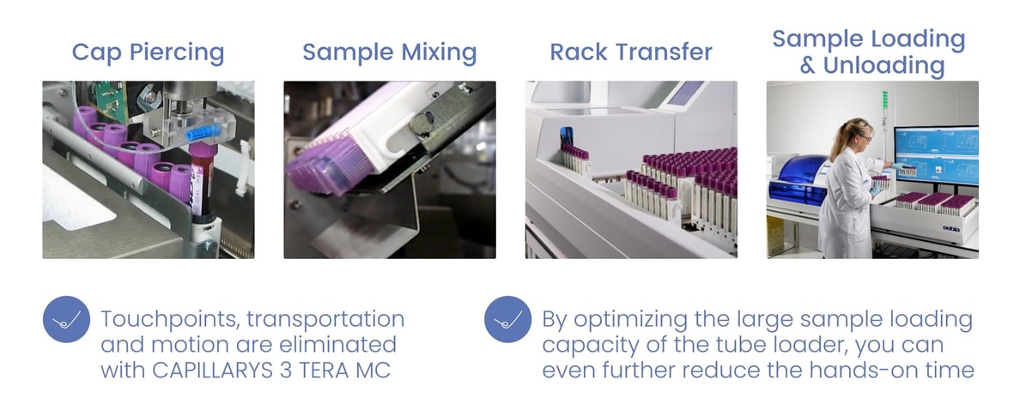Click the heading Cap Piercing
[148, 52]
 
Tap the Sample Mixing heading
[389, 52]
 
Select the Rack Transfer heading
[631, 52]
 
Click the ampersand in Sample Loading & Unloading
[807, 66]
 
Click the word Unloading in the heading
[884, 66]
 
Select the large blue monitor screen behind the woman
[937, 155]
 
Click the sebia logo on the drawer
[968, 228]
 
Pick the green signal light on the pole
[884, 100]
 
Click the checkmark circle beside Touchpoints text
[66, 319]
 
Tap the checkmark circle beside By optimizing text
[507, 319]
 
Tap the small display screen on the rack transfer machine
[686, 93]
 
